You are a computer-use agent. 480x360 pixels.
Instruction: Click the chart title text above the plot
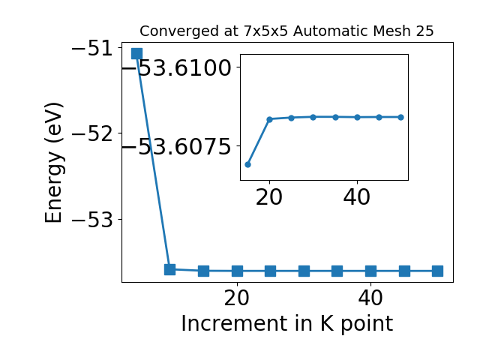[x=286, y=31]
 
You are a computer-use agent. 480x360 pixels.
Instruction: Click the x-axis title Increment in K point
[x=286, y=324]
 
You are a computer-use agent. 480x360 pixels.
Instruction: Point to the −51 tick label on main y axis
[x=92, y=49]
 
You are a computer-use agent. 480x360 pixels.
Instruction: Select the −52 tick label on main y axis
[x=92, y=134]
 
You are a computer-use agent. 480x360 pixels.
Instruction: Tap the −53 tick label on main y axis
[x=92, y=220]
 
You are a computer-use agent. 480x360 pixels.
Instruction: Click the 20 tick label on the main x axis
[x=237, y=298]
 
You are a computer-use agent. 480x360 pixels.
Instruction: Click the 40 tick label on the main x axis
[x=370, y=298]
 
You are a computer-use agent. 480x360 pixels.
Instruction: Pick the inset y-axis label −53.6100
[x=177, y=67]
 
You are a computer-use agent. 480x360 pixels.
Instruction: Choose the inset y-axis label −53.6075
[x=177, y=147]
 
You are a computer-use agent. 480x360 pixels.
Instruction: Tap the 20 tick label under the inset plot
[x=269, y=197]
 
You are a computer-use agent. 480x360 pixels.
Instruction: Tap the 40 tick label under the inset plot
[x=357, y=197]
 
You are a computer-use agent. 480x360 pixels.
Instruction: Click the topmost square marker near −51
[x=136, y=53]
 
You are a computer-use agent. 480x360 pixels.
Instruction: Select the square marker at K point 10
[x=170, y=269]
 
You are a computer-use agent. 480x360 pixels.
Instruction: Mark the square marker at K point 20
[x=237, y=271]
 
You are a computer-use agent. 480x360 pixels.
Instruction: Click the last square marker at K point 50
[x=437, y=271]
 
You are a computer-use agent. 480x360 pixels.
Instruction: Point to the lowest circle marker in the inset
[x=248, y=165]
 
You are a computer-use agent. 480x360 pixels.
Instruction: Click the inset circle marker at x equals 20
[x=269, y=119]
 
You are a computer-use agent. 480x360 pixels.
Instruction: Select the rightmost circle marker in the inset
[x=401, y=117]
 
